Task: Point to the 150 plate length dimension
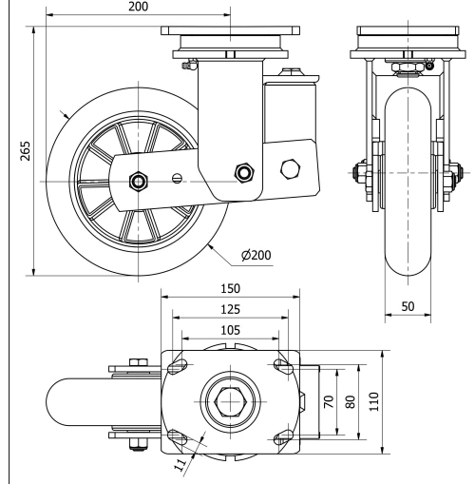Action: point(229,288)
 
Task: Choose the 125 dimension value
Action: point(229,308)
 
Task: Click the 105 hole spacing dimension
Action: point(229,328)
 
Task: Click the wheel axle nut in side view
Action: point(139,179)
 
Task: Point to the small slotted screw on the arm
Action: point(176,178)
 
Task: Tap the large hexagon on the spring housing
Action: point(289,168)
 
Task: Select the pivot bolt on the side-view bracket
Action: point(245,172)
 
